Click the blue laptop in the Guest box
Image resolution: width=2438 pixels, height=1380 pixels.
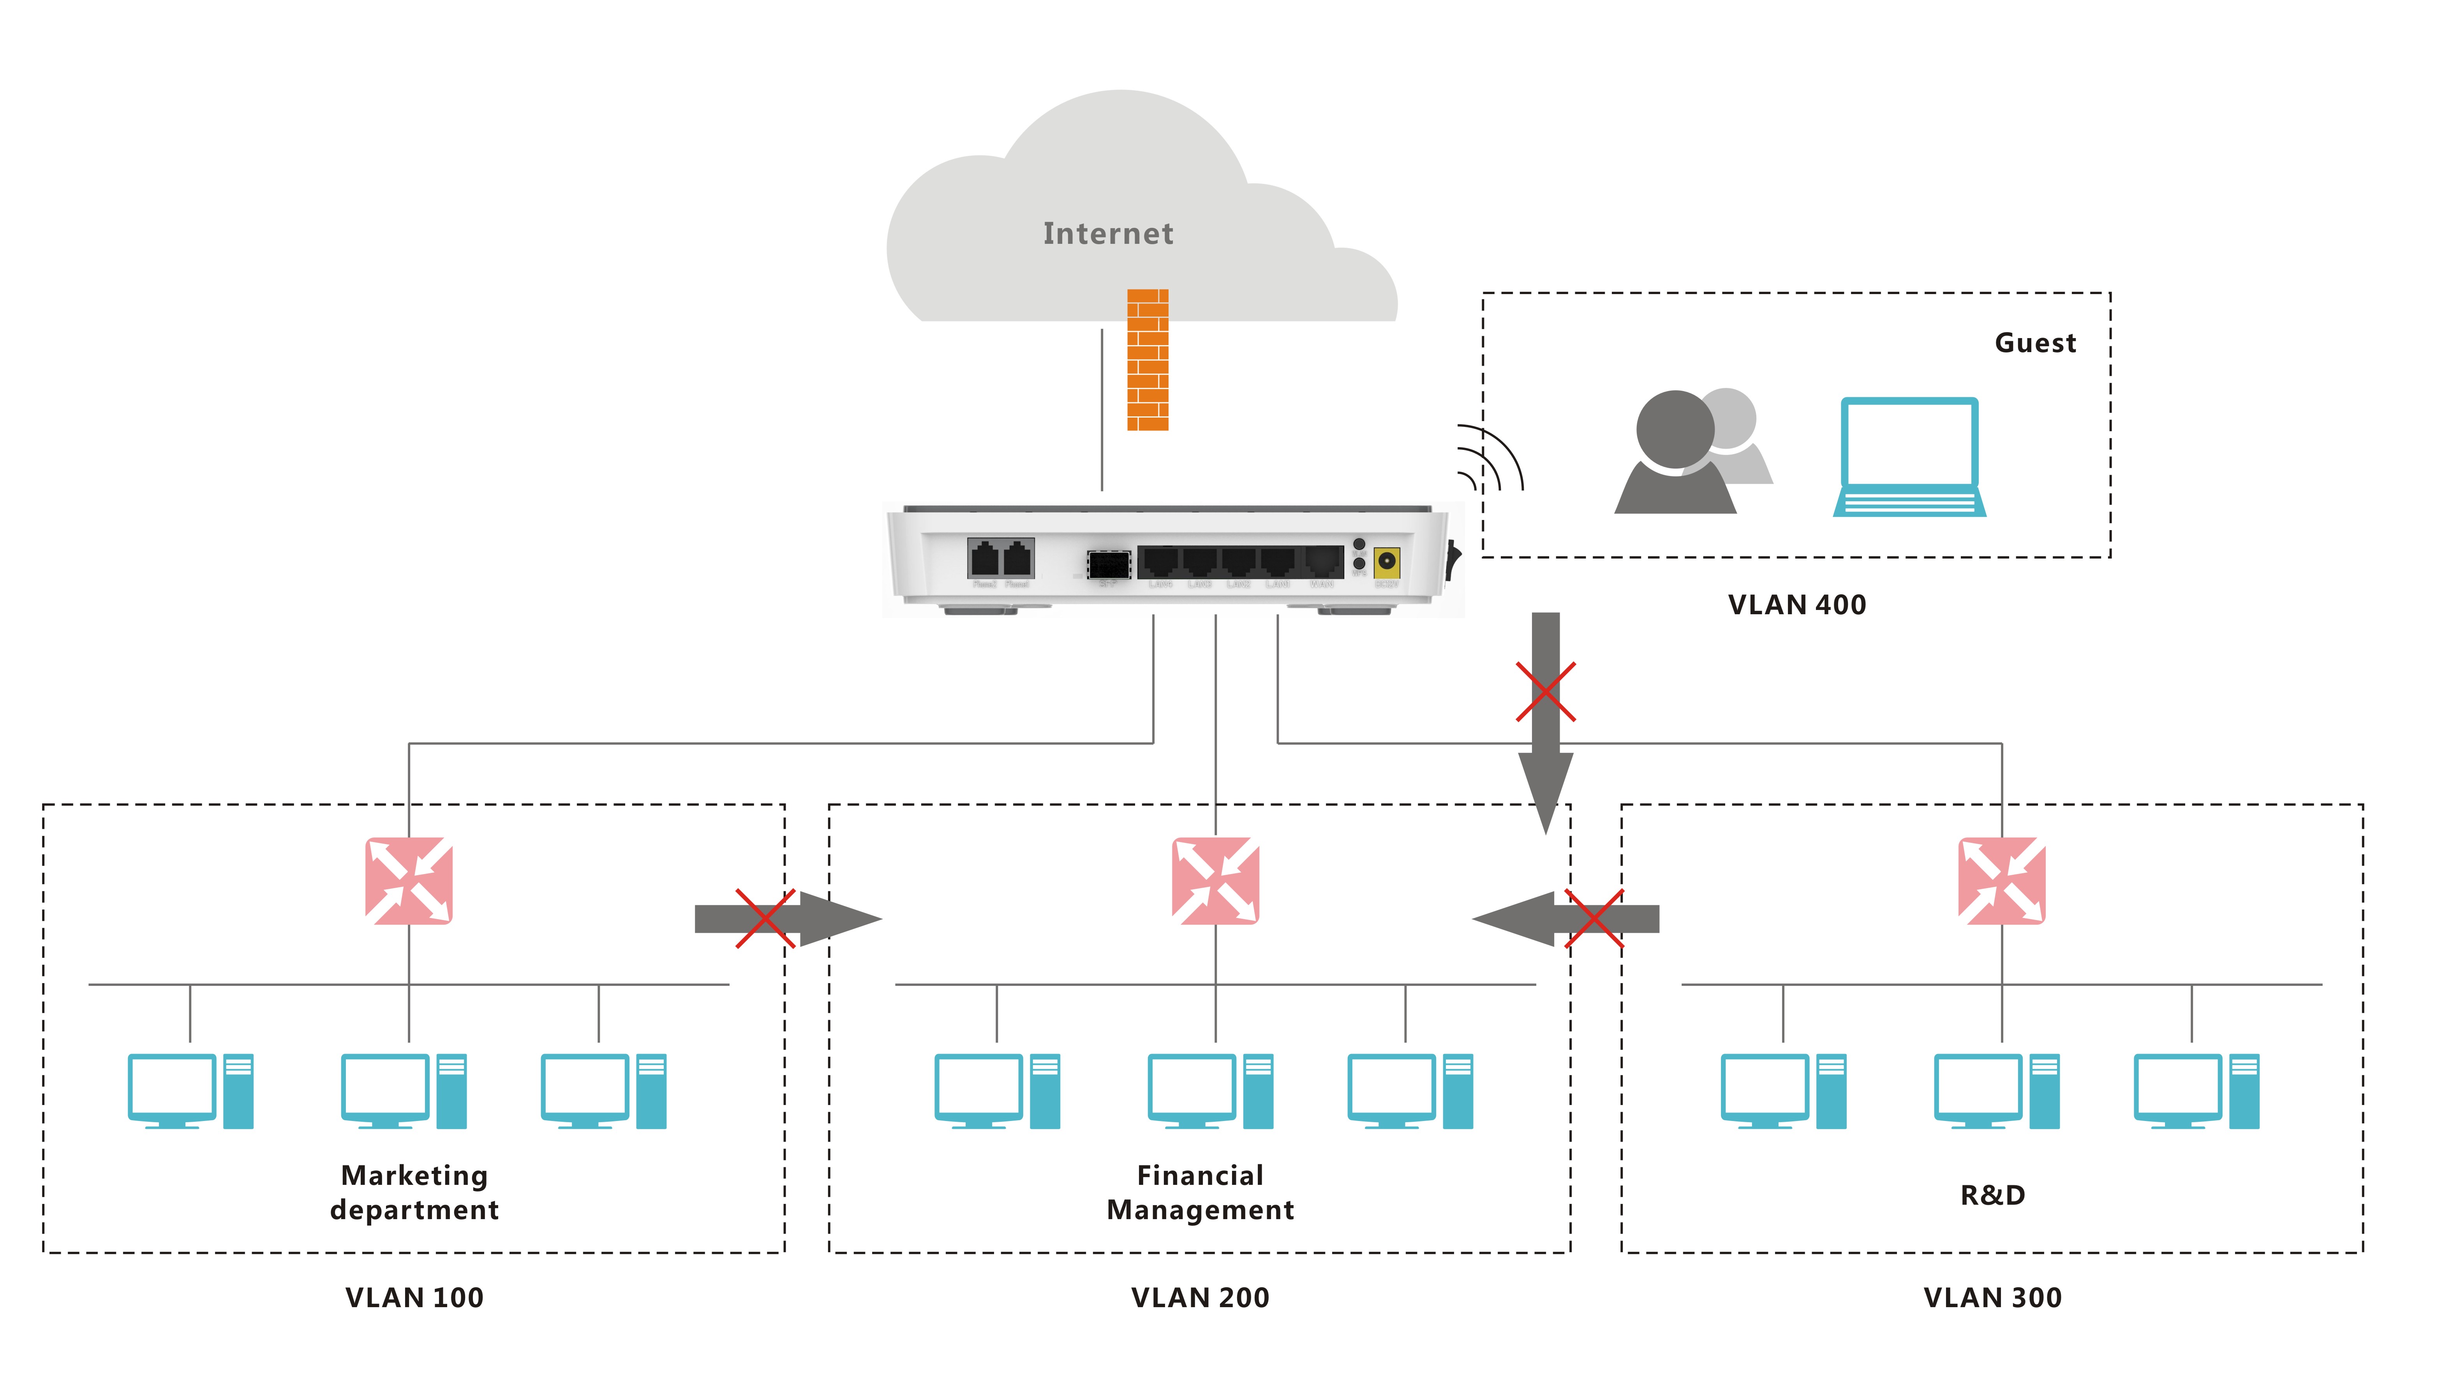point(1908,457)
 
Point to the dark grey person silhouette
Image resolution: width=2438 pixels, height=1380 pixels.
point(1674,455)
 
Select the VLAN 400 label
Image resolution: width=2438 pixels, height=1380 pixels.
point(1796,605)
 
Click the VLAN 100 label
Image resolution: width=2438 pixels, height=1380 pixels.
point(414,1297)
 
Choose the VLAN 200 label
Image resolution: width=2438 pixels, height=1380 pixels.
point(1200,1297)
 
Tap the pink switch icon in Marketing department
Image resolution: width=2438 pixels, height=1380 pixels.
point(408,881)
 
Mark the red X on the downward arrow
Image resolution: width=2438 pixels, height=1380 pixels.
point(1546,692)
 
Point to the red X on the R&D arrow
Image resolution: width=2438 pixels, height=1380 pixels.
point(1594,918)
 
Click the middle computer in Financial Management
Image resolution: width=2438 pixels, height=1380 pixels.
point(1210,1091)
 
